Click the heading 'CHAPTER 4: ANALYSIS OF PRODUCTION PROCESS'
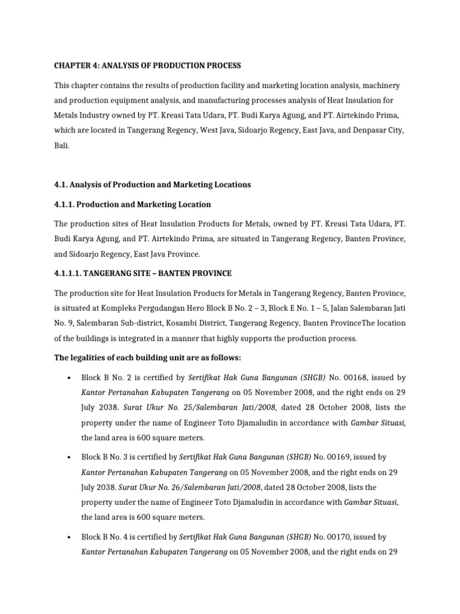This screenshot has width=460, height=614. [147, 65]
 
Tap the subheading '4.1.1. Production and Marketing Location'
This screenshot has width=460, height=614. [132, 204]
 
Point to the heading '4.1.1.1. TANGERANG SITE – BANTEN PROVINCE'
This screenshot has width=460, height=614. [143, 273]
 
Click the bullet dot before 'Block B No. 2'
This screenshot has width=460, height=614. [70, 378]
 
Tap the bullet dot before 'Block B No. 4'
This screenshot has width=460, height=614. [70, 538]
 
